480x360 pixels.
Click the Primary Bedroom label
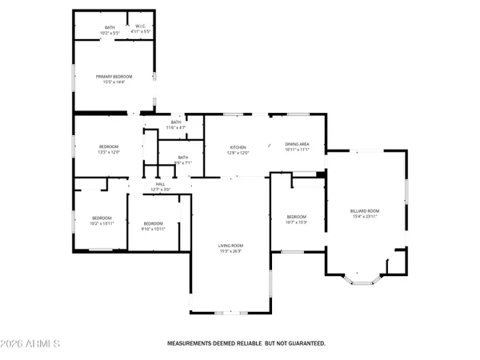[114, 76]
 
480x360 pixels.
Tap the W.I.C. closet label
[140, 27]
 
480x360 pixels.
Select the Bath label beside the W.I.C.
[110, 27]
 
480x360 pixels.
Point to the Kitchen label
[238, 147]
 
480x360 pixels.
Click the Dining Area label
[298, 144]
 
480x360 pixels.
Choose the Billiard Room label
[365, 210]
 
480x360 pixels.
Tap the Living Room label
[231, 246]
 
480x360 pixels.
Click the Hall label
[160, 184]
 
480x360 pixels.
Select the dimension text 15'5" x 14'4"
[114, 81]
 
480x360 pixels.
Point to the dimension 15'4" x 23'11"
[365, 216]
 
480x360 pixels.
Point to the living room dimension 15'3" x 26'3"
[231, 250]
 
